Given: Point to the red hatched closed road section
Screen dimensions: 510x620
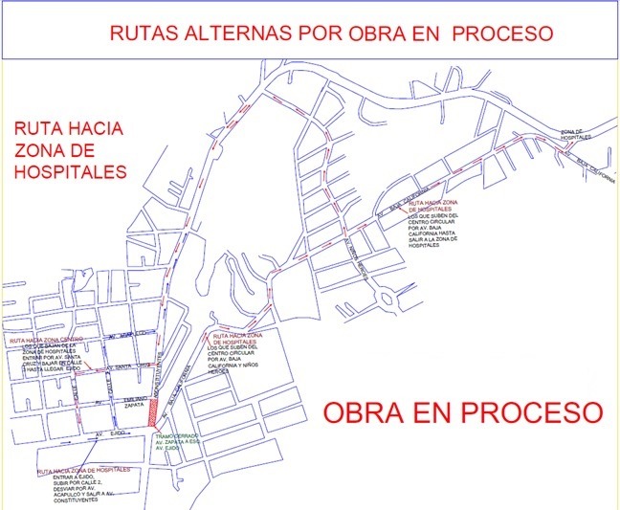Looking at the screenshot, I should [154, 410].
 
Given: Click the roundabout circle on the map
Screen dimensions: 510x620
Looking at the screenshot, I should [387, 298].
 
